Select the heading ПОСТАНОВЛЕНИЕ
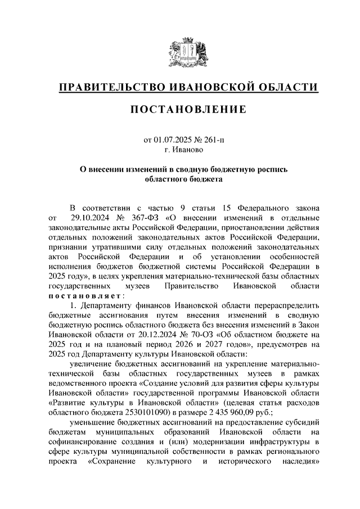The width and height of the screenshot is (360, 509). (188, 110)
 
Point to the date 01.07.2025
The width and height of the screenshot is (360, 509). (172, 139)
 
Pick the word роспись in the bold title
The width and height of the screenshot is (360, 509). (268, 169)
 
